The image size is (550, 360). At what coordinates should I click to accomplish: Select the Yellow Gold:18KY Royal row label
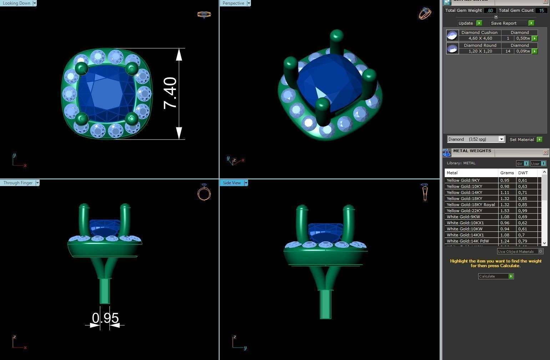tap(470, 205)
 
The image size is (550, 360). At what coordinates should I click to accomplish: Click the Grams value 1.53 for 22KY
tap(505, 211)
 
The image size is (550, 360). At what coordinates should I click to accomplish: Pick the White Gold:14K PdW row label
tap(468, 241)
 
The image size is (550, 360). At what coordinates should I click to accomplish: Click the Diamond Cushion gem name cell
tap(479, 32)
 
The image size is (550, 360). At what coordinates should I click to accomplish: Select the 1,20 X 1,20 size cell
tap(480, 51)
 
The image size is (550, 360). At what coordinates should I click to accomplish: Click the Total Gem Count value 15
tap(541, 10)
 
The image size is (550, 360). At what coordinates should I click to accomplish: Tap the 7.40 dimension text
tap(170, 93)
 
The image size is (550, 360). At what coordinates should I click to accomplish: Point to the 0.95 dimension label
tap(105, 318)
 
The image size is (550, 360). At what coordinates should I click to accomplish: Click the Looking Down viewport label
tap(16, 3)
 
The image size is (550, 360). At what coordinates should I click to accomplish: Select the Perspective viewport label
tap(233, 3)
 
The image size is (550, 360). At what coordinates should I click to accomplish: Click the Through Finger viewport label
tap(18, 183)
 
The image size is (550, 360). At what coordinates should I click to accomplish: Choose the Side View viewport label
tap(232, 183)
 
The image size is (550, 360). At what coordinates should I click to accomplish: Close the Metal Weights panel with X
tap(545, 152)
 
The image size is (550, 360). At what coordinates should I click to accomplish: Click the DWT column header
tap(523, 173)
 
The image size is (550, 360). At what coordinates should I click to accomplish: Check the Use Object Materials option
tap(540, 251)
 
